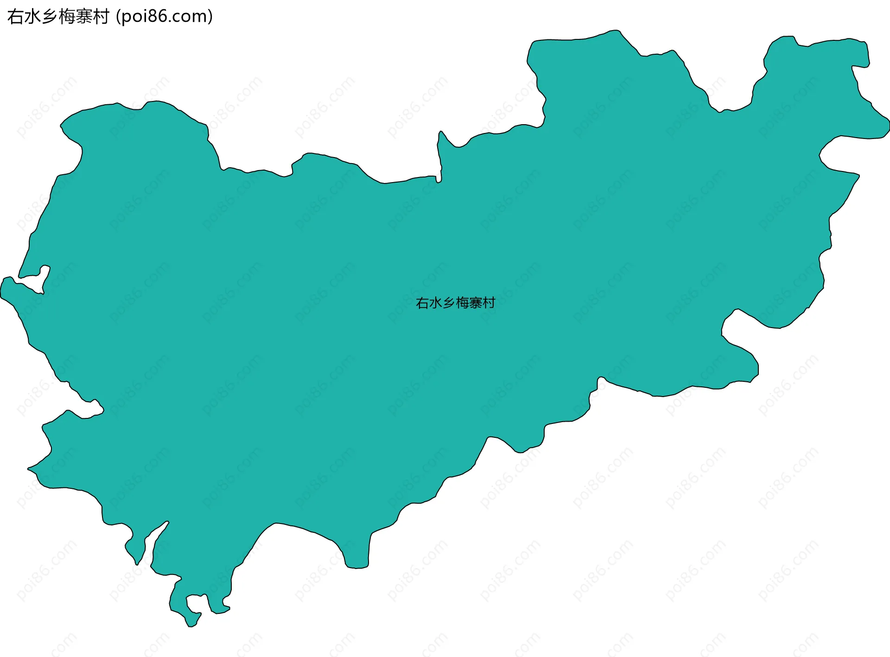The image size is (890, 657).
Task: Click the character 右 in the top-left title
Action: (16, 17)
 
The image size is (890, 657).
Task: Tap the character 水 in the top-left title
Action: (32, 17)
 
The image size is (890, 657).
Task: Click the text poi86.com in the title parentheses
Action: (164, 17)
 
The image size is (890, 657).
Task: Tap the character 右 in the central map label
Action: (422, 303)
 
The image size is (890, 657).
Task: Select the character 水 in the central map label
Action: (436, 303)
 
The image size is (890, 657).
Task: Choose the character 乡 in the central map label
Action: (449, 303)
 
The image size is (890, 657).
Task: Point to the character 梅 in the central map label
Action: (462, 303)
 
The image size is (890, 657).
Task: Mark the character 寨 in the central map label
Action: (476, 303)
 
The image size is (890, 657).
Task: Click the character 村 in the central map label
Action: (489, 303)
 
